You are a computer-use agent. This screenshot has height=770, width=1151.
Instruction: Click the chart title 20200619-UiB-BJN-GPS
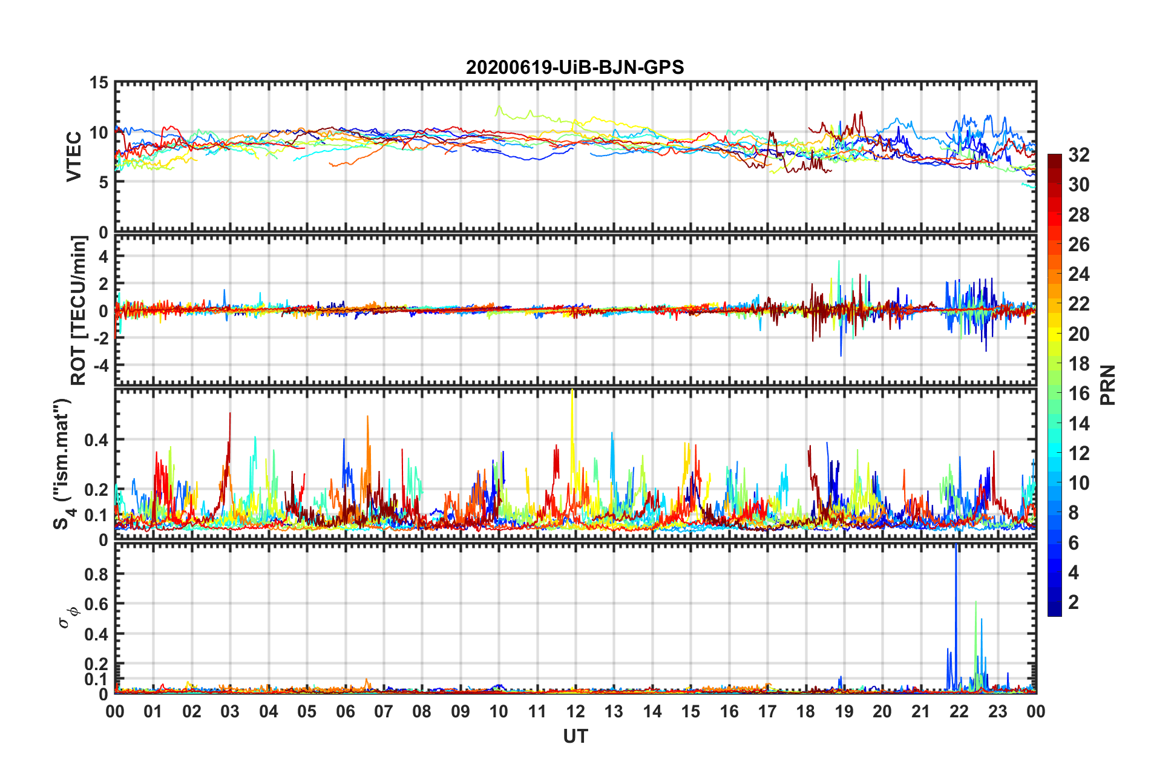pyautogui.click(x=575, y=67)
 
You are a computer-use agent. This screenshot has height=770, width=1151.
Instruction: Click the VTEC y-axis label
pyautogui.click(x=73, y=156)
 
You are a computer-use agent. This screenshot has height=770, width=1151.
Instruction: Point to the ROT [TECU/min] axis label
pyautogui.click(x=78, y=311)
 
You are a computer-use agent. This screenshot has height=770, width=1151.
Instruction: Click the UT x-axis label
pyautogui.click(x=575, y=736)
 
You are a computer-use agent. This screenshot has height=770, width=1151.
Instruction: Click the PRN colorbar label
pyautogui.click(x=1107, y=385)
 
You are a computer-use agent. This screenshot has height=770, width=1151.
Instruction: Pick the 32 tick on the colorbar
pyautogui.click(x=1078, y=155)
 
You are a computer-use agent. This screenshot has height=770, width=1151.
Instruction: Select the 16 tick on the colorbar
pyautogui.click(x=1078, y=393)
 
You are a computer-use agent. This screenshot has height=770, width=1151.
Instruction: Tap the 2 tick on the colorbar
pyautogui.click(x=1074, y=602)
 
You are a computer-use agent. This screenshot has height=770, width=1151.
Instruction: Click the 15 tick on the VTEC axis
pyautogui.click(x=99, y=83)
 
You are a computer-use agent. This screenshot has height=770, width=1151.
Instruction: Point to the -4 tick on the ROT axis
pyautogui.click(x=100, y=366)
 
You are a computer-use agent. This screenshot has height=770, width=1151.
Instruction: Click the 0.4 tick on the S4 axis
pyautogui.click(x=96, y=440)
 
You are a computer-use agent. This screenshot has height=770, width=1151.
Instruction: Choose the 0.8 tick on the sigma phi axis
pyautogui.click(x=96, y=574)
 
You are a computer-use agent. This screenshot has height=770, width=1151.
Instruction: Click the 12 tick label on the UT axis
pyautogui.click(x=575, y=711)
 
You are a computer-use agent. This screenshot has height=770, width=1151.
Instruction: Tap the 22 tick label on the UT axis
pyautogui.click(x=959, y=711)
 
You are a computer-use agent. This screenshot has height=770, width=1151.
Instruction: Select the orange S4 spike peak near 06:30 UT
pyautogui.click(x=367, y=418)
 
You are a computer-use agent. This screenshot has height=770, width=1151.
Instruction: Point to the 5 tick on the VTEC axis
pyautogui.click(x=103, y=182)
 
